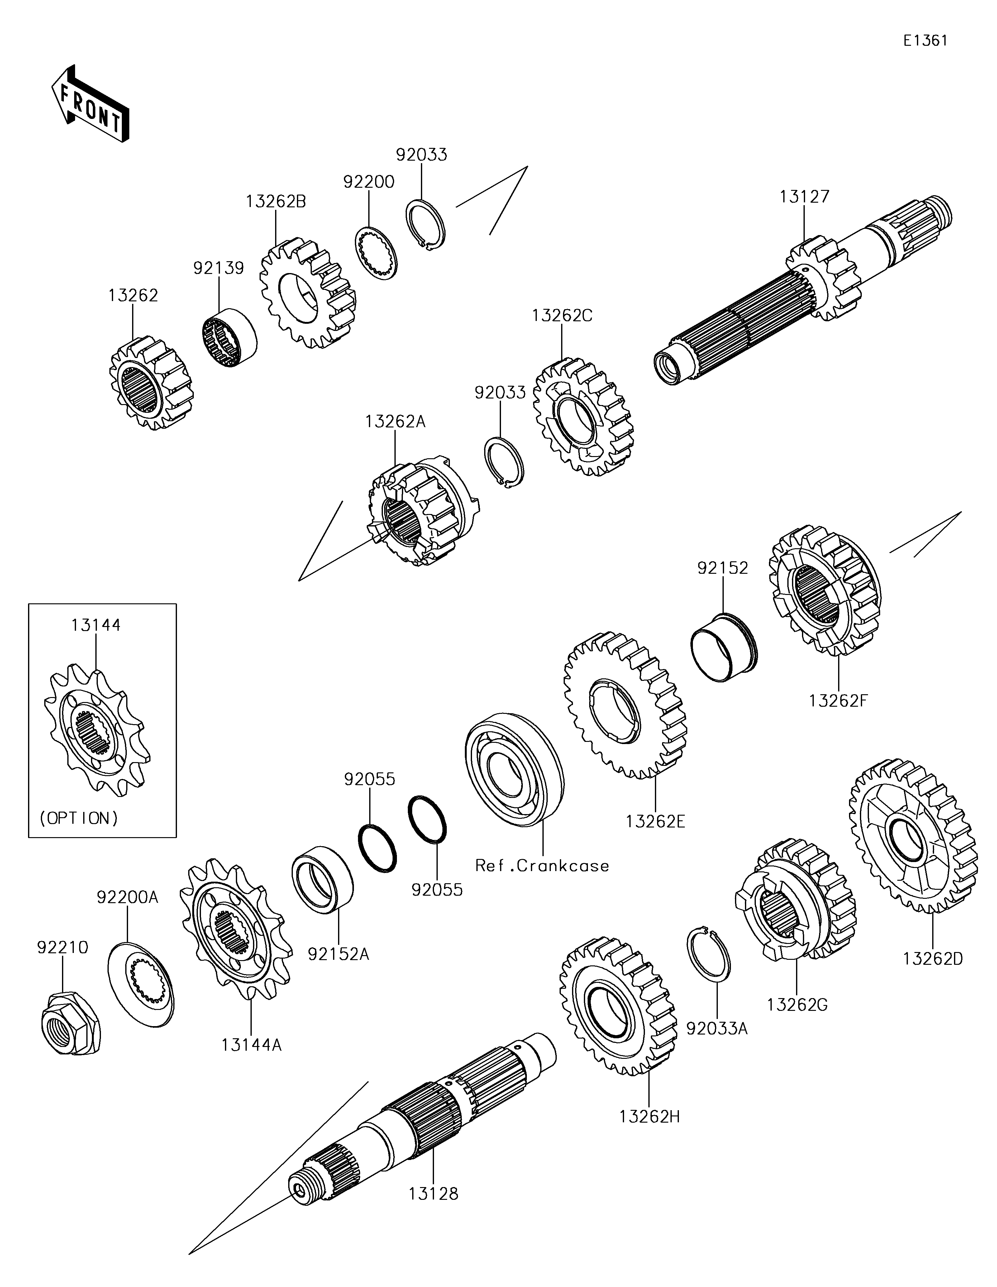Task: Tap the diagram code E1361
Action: (925, 41)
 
